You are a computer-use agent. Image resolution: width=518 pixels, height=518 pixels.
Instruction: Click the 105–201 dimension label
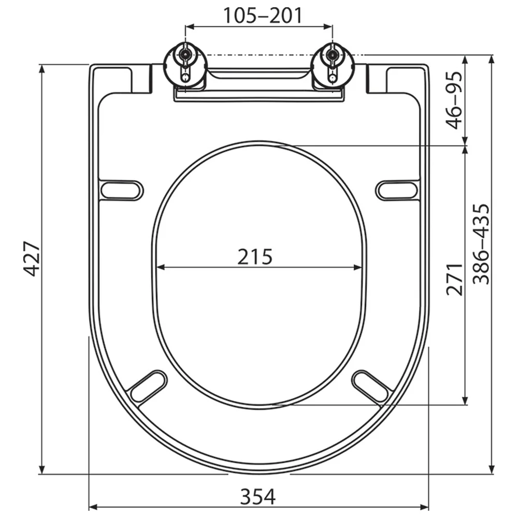(x=263, y=15)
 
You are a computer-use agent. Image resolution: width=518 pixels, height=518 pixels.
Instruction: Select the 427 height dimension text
(x=32, y=259)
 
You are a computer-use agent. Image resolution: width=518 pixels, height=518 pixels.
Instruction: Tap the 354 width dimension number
(x=257, y=497)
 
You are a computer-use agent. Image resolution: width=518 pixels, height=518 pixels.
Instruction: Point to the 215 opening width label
(x=255, y=257)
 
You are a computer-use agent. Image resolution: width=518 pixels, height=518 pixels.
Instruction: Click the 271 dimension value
(x=454, y=279)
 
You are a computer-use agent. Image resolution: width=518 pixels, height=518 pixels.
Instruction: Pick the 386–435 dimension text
(x=481, y=244)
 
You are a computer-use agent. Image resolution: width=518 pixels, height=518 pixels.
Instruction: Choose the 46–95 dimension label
(x=454, y=100)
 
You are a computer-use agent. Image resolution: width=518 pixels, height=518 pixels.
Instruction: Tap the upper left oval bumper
(x=122, y=191)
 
